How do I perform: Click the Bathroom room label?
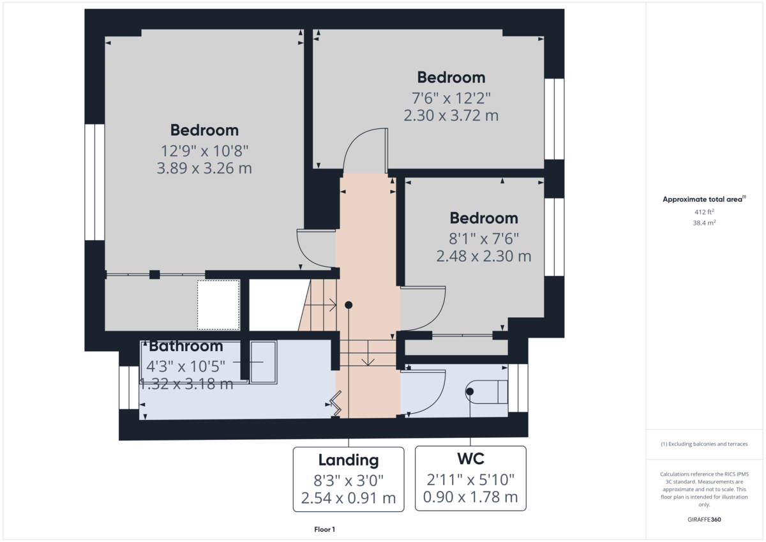pos(186,347)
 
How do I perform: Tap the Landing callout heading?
pos(349,460)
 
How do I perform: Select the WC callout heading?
pos(470,458)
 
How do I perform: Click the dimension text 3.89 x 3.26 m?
pos(204,169)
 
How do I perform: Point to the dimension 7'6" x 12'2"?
pos(451,98)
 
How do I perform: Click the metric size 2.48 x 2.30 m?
pos(484,256)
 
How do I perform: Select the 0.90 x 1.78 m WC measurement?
pos(470,497)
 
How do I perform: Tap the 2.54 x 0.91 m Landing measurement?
pos(349,497)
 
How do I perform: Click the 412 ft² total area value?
pos(704,212)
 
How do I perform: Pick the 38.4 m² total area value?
pos(704,223)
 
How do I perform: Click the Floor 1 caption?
pos(324,529)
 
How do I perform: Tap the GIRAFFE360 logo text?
pos(704,520)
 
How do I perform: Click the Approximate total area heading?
pos(703,200)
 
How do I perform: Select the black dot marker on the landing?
pos(349,305)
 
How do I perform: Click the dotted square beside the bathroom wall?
pos(218,305)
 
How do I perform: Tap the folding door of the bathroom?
pos(336,404)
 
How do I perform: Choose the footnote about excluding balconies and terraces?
pos(704,444)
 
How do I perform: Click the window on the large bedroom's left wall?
pos(94,182)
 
